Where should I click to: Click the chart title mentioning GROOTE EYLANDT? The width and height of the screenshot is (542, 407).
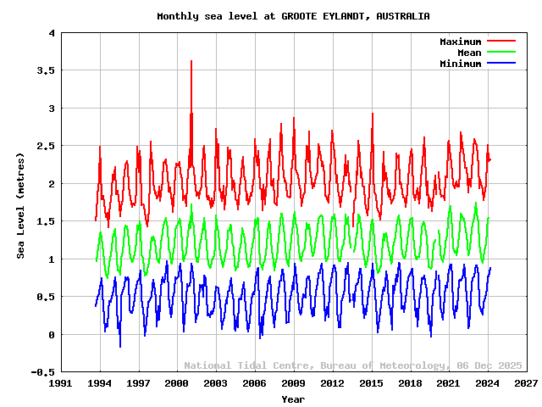pyautogui.click(x=293, y=16)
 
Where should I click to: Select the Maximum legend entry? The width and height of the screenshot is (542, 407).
pyautogui.click(x=460, y=42)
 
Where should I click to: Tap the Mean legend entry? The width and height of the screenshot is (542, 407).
pyautogui.click(x=468, y=53)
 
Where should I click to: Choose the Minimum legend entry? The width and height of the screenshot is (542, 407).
pyautogui.click(x=460, y=64)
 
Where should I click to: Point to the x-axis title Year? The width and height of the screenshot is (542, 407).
pyautogui.click(x=293, y=399)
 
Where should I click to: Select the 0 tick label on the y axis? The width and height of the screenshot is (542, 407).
pyautogui.click(x=52, y=335)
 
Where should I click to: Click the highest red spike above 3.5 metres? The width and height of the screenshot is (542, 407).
pyautogui.click(x=191, y=61)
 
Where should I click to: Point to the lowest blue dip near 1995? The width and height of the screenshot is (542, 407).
pyautogui.click(x=120, y=346)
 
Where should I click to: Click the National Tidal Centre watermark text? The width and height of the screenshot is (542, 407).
pyautogui.click(x=353, y=365)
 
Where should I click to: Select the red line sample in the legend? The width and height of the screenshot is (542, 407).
pyautogui.click(x=501, y=42)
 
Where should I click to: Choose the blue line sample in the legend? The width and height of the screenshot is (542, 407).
pyautogui.click(x=501, y=64)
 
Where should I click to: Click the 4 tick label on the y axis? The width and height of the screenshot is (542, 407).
pyautogui.click(x=52, y=34)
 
